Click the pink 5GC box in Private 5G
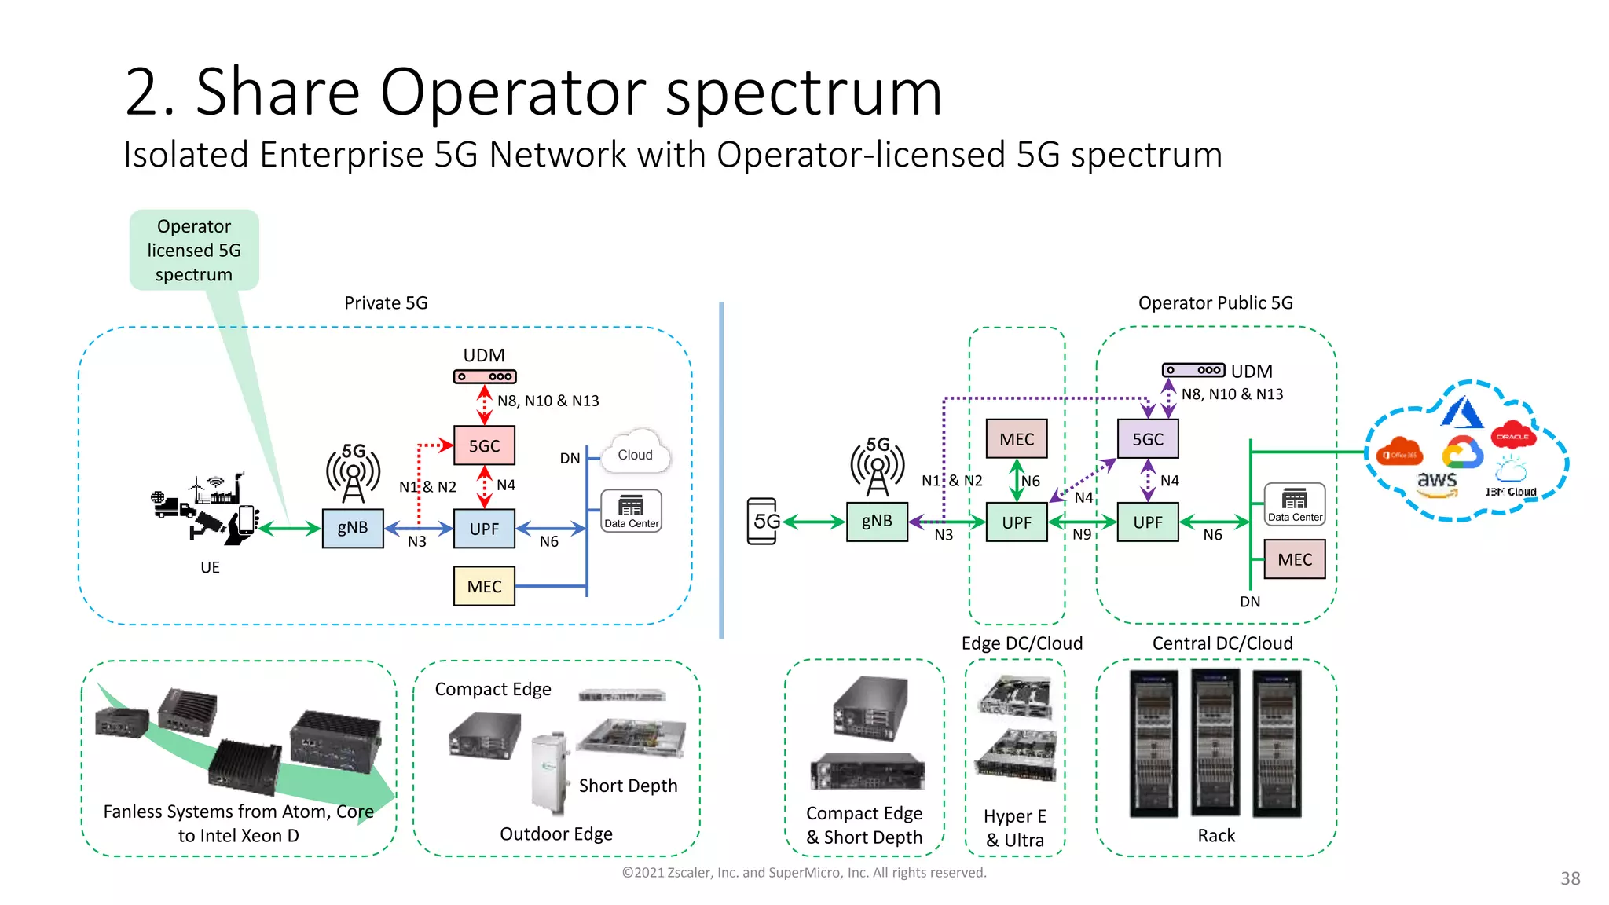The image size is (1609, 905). (484, 445)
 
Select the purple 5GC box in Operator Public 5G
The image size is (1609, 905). (1148, 439)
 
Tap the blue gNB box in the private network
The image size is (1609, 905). (353, 528)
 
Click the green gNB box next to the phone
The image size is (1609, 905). (877, 522)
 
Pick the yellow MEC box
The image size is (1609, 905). (484, 586)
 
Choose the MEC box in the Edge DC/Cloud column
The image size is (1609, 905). (1017, 439)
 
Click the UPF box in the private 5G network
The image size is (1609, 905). (484, 529)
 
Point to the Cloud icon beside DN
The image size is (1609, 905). (635, 453)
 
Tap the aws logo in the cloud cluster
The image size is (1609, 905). (1437, 482)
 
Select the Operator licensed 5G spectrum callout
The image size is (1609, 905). (194, 251)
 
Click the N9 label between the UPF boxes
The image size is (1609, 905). (1082, 535)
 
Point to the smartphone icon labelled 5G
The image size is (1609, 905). (762, 521)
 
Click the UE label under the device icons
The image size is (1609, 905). (210, 567)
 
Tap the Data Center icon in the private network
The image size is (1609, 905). (631, 511)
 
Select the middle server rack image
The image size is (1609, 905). (1215, 742)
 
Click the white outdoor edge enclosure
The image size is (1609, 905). (549, 774)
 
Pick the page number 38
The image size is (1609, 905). (1570, 878)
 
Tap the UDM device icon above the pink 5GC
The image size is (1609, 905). (485, 377)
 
